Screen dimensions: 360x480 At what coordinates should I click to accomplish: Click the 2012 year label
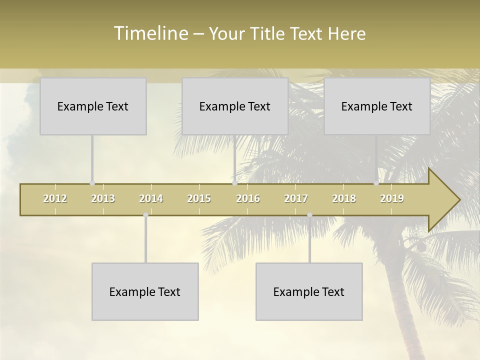tap(55, 198)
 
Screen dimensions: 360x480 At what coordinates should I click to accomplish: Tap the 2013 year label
tap(103, 198)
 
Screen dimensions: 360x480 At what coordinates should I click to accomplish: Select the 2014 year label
tap(151, 198)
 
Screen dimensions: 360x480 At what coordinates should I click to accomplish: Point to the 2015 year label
tap(199, 198)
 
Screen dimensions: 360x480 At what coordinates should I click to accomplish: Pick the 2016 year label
tap(248, 198)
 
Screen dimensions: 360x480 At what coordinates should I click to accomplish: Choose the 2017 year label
tap(296, 198)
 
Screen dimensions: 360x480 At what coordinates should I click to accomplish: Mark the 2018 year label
tap(344, 198)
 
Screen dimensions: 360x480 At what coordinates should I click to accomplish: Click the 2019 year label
tap(392, 198)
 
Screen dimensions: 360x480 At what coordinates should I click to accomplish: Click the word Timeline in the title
tap(150, 33)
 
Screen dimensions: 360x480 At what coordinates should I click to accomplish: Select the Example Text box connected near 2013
tap(93, 106)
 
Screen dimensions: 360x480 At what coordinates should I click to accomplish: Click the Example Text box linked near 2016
tap(235, 106)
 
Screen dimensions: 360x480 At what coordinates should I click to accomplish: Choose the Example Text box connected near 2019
tap(377, 106)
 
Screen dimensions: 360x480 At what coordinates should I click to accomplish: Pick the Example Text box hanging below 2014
tap(145, 291)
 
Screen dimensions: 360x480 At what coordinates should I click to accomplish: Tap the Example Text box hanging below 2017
tap(309, 291)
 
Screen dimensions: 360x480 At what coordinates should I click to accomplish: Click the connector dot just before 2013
tap(92, 183)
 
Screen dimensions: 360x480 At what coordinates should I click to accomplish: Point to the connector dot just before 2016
tap(234, 183)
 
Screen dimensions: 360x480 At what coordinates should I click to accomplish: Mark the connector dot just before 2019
tap(376, 183)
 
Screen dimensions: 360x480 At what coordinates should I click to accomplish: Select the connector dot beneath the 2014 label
tap(145, 215)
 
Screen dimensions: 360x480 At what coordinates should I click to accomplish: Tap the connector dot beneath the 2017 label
tap(309, 215)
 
